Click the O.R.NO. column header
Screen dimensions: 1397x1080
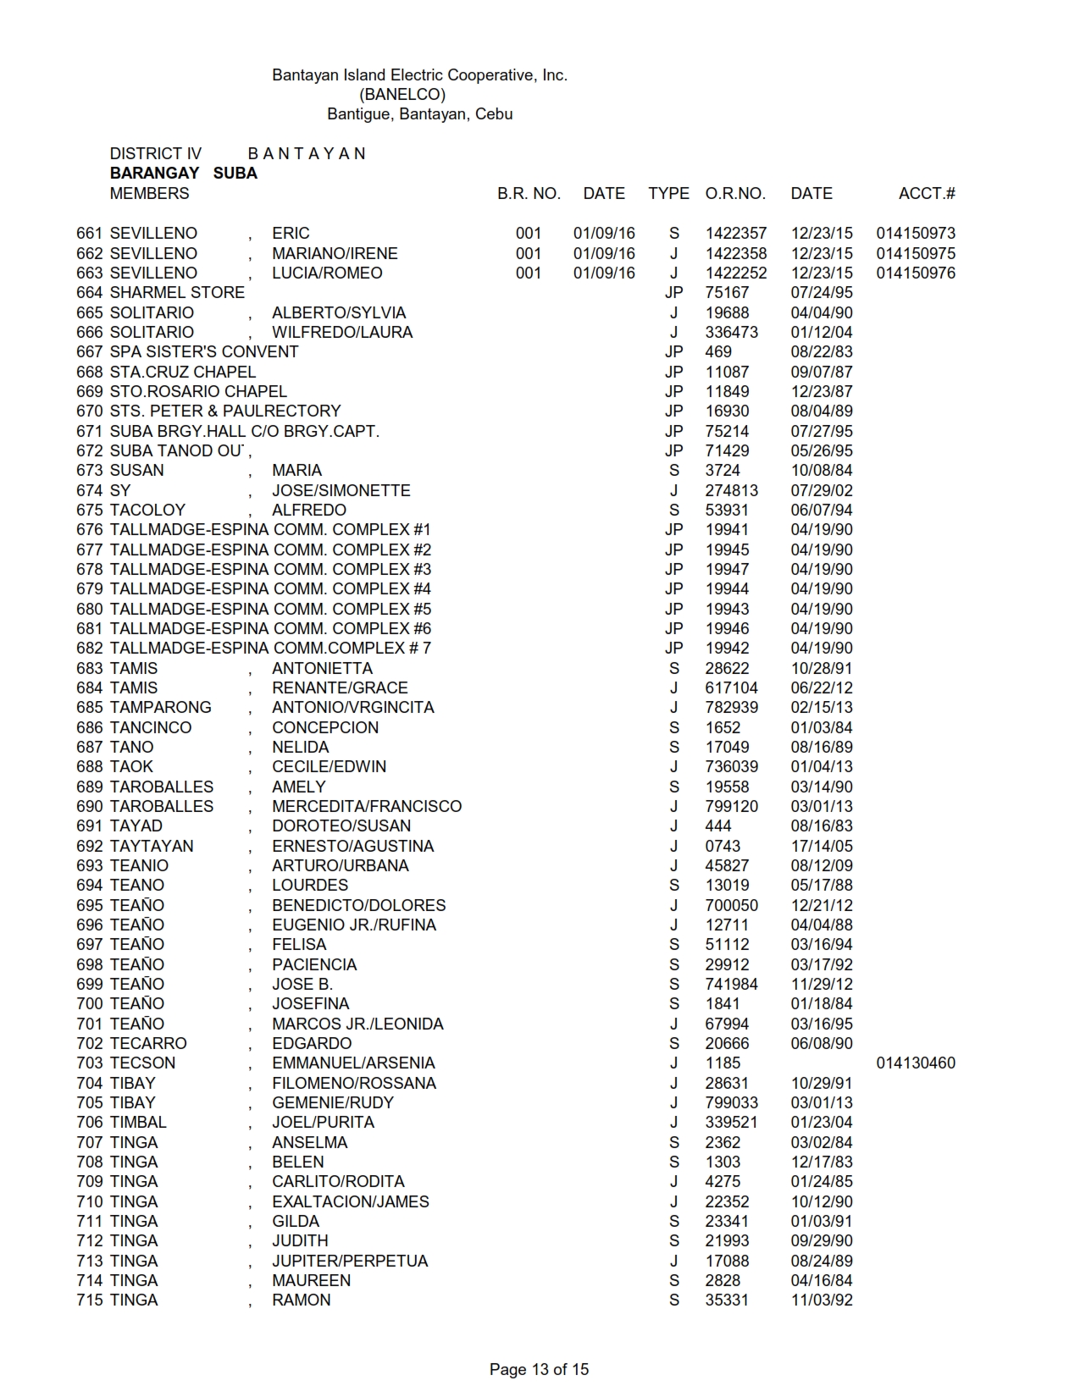[734, 194]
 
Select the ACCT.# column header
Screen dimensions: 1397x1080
[927, 194]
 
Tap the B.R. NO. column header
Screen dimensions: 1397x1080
[529, 194]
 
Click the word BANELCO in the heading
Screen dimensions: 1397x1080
[402, 94]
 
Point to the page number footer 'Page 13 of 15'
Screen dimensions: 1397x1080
[539, 1369]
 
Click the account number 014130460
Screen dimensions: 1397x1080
[915, 1063]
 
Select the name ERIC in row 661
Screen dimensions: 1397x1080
[291, 234]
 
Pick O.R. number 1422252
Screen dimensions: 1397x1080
[735, 273]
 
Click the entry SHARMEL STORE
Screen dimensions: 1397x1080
[177, 293]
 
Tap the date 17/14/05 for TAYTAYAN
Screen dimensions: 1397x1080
[821, 847]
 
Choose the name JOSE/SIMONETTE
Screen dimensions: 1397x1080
[341, 491]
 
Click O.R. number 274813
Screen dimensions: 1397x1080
[731, 491]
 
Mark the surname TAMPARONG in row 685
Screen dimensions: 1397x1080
[161, 708]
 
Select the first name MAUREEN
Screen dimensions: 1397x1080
[311, 1281]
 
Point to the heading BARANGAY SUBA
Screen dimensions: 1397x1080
[183, 174]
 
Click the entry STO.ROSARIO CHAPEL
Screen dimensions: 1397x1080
[198, 392]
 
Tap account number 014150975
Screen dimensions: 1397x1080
[915, 254]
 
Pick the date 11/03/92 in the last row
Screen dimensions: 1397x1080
[821, 1300]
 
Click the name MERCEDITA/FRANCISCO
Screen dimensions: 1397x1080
[366, 807]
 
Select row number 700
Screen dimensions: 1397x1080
[89, 1004]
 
